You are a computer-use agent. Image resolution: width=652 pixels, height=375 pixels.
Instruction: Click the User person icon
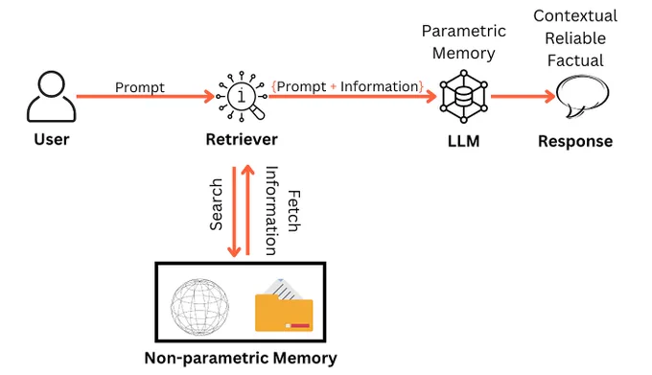click(x=51, y=97)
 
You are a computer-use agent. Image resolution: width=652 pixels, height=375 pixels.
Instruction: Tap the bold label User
click(x=52, y=139)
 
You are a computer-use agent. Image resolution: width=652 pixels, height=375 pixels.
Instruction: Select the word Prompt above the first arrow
click(x=140, y=87)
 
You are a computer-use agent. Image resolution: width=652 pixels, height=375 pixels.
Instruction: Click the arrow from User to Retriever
click(x=145, y=97)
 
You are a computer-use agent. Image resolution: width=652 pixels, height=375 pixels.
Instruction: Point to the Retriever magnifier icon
click(x=242, y=97)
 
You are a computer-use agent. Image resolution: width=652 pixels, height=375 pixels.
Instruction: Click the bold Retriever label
click(x=242, y=139)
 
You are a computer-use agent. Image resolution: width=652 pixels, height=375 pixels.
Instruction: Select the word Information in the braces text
click(x=380, y=86)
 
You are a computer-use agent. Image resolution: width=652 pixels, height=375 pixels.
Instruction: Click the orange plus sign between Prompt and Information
click(x=333, y=87)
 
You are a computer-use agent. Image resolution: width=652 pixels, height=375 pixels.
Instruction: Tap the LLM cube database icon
click(x=464, y=97)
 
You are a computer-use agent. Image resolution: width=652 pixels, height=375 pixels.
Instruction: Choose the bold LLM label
click(x=464, y=141)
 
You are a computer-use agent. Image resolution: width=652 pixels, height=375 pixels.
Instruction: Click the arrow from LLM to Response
click(x=524, y=97)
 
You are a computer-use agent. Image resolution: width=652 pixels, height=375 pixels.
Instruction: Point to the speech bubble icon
click(x=582, y=97)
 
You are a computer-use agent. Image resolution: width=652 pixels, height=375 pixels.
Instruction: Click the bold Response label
click(x=575, y=141)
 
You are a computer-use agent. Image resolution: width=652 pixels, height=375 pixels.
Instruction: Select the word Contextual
click(x=575, y=15)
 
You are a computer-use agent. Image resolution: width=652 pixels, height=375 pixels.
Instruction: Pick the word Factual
click(x=575, y=60)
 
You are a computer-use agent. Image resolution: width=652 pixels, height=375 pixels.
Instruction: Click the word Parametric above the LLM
click(x=464, y=32)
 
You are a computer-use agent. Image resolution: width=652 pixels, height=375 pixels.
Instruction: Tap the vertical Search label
click(x=217, y=204)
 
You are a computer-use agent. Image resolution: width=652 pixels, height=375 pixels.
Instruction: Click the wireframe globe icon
click(x=200, y=307)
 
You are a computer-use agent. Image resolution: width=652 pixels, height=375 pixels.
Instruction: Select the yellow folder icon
click(x=284, y=306)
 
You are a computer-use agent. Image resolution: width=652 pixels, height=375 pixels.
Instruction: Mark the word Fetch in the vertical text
click(x=294, y=211)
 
